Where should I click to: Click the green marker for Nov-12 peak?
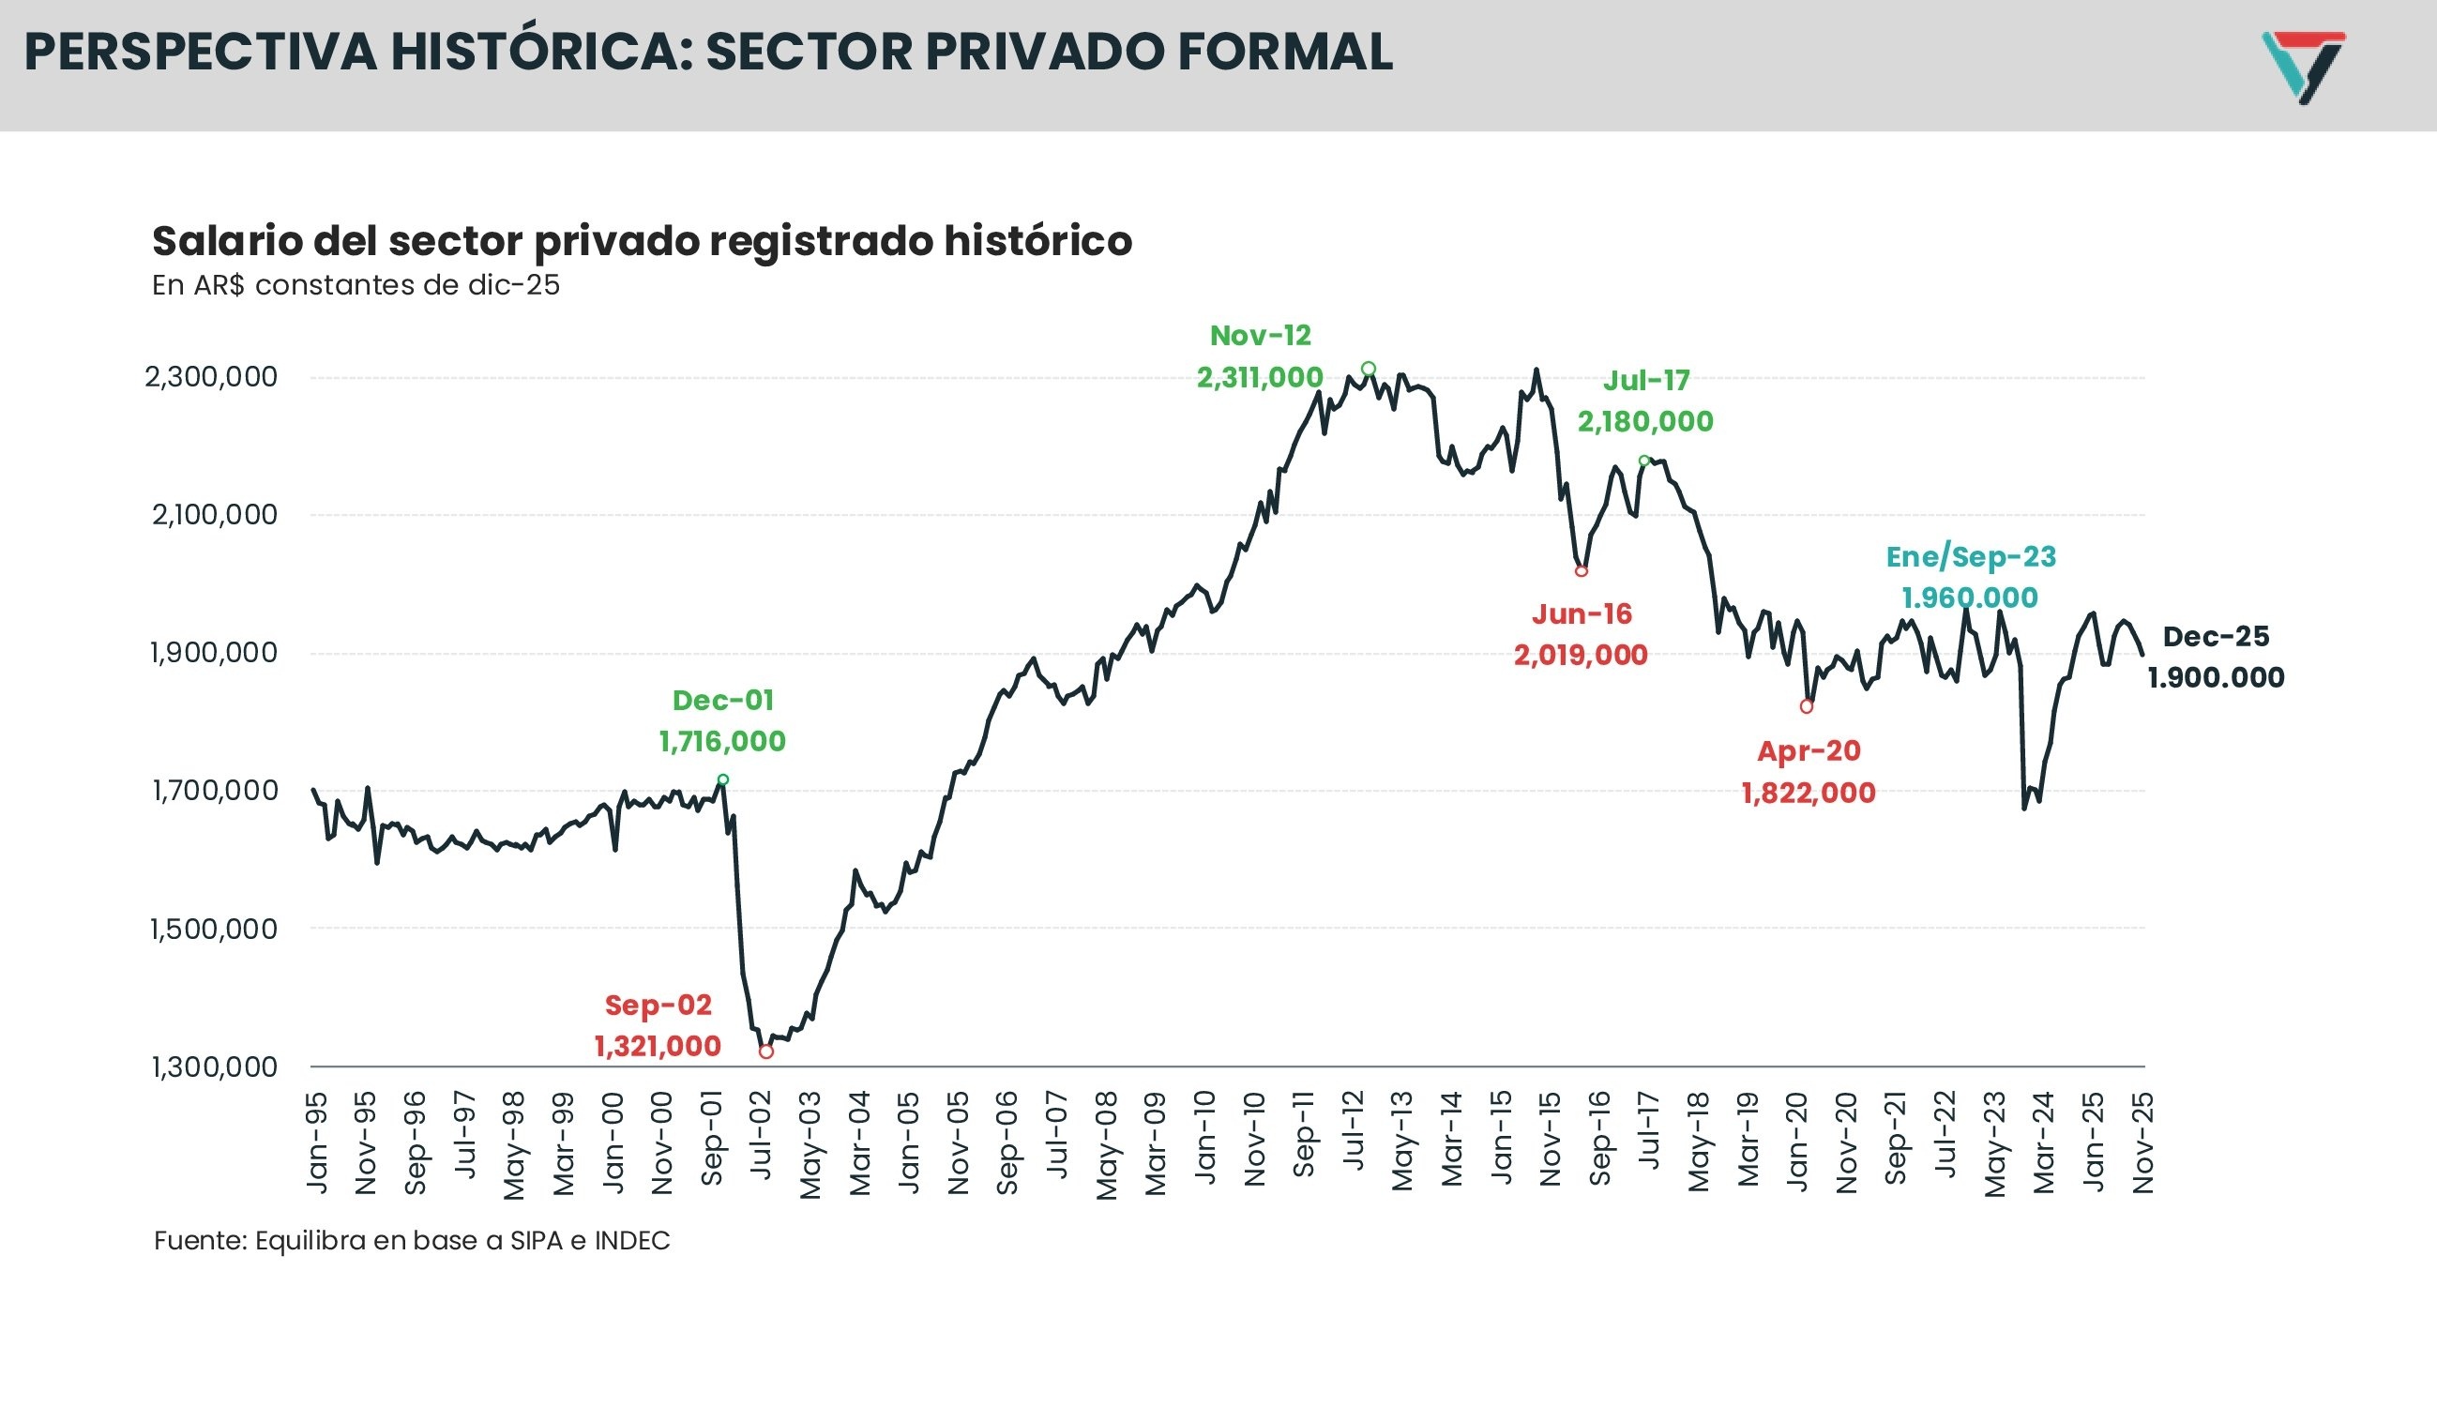point(1369,369)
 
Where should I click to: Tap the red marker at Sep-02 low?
point(766,1051)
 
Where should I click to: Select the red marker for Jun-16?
point(1581,571)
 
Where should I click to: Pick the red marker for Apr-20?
point(1806,706)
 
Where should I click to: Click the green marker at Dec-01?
point(723,779)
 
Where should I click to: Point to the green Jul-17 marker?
point(1644,461)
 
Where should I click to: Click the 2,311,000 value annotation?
point(1259,378)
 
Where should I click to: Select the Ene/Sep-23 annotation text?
point(1970,556)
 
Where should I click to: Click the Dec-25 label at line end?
point(2215,637)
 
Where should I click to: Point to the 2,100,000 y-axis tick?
point(214,515)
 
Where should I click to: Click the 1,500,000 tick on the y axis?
point(214,929)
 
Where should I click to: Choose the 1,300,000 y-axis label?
point(214,1067)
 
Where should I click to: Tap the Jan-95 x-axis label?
point(317,1143)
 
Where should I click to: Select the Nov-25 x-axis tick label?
point(2143,1143)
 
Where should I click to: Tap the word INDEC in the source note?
point(632,1241)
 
